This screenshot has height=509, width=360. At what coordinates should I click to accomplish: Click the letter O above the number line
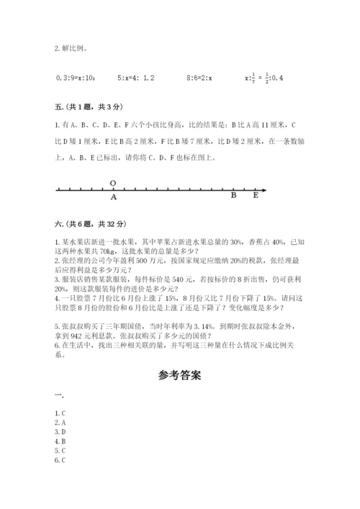(x=113, y=183)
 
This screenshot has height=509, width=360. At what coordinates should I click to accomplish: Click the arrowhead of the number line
(x=266, y=190)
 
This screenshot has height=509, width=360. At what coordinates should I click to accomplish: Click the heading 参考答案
(x=179, y=375)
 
